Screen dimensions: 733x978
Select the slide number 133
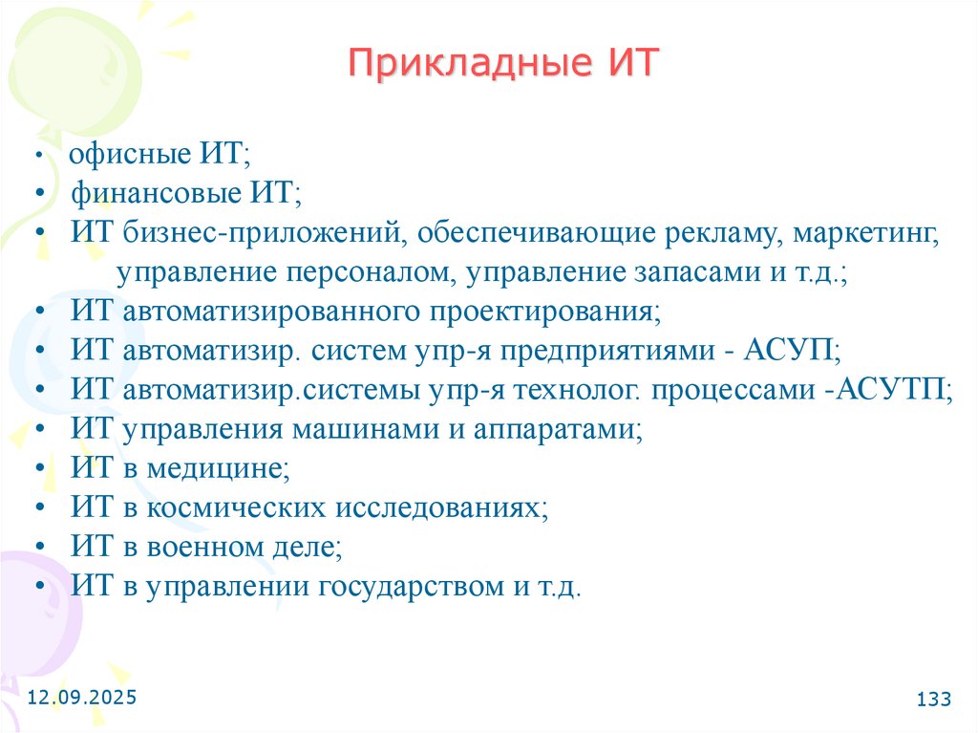tap(933, 699)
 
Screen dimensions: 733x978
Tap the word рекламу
tap(708, 233)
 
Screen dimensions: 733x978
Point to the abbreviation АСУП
tap(796, 351)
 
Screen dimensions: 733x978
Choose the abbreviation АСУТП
tap(892, 390)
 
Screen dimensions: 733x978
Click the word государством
tap(405, 586)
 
